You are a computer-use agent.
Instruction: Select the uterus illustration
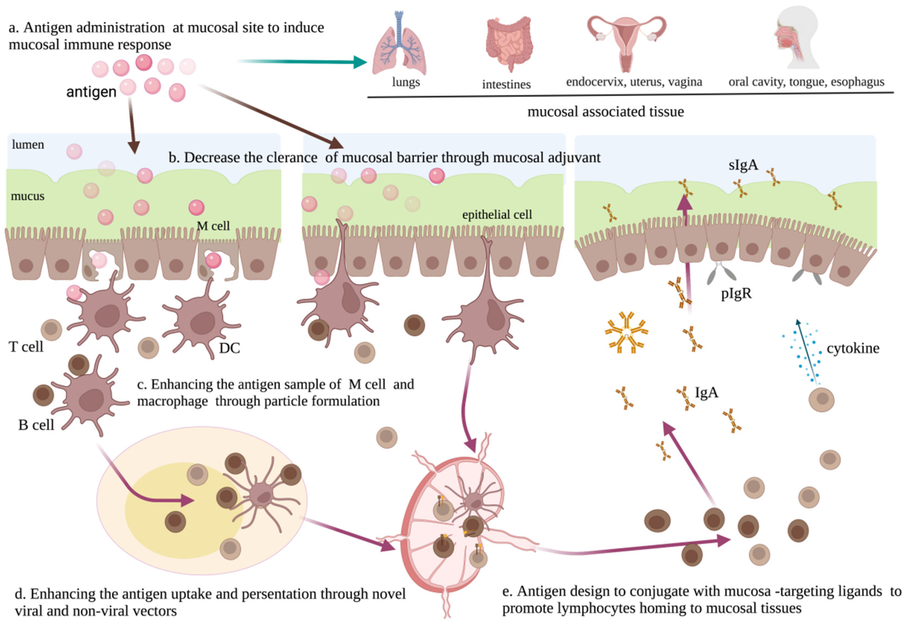tap(627, 41)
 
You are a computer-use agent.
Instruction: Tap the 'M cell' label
tap(213, 226)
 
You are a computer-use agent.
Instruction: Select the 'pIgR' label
tap(736, 293)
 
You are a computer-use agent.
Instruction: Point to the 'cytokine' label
tap(853, 348)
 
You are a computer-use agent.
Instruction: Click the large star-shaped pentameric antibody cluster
tap(626, 333)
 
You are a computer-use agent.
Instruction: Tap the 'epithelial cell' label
tap(497, 214)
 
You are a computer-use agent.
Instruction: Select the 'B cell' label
tap(36, 425)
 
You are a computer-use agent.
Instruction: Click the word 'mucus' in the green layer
tap(28, 196)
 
